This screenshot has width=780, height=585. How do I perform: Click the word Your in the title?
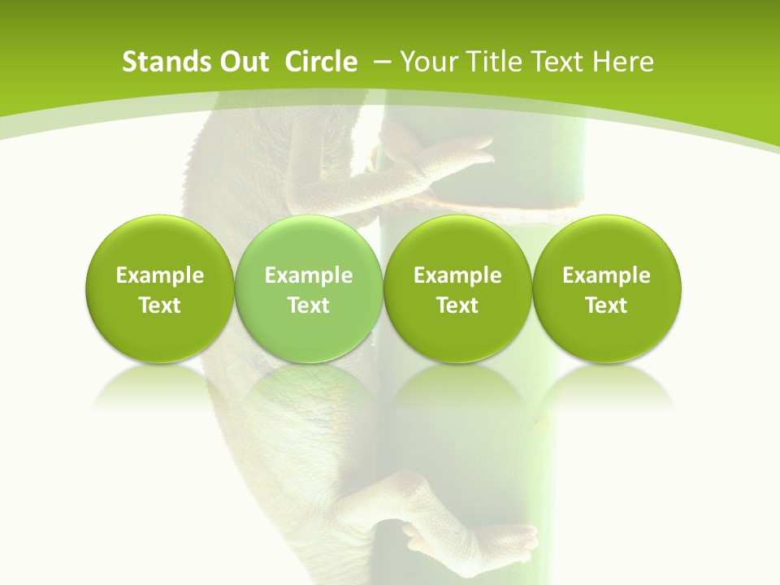point(428,62)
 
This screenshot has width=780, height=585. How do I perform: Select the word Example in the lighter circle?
point(309,275)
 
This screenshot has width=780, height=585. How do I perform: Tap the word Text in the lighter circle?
point(309,305)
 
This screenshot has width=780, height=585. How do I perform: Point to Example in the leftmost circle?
point(159,275)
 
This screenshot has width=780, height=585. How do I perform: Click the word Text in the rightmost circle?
point(607,305)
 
